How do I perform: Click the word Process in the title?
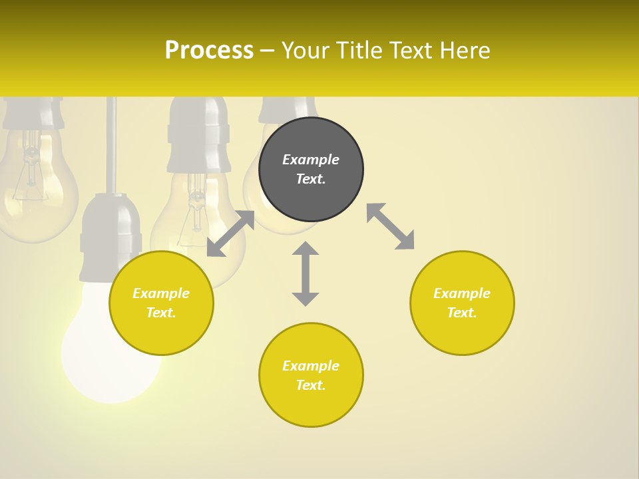pos(209,51)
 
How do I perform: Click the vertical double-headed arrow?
pos(306,273)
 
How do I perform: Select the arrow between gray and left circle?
pos(230,234)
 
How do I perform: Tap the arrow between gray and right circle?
pos(391,226)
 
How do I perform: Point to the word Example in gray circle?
pos(311,160)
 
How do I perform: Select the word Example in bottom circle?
pos(311,366)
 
